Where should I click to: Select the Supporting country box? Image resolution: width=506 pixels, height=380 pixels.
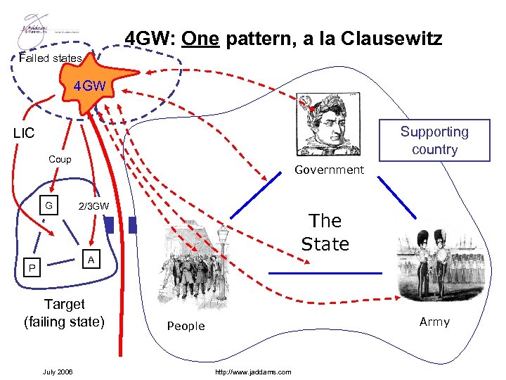(434, 140)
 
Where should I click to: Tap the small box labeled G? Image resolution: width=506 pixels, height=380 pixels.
(48, 205)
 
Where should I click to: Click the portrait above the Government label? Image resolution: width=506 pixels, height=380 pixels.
(328, 125)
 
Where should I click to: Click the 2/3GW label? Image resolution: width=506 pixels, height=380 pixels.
(93, 206)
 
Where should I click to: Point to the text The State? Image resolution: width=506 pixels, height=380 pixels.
(325, 232)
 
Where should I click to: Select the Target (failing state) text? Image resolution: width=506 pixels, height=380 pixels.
(64, 313)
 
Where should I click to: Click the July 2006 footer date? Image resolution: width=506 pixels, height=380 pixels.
(58, 372)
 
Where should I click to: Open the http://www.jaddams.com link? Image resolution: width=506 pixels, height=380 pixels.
(254, 372)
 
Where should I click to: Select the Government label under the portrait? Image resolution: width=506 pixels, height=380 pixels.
(329, 170)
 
